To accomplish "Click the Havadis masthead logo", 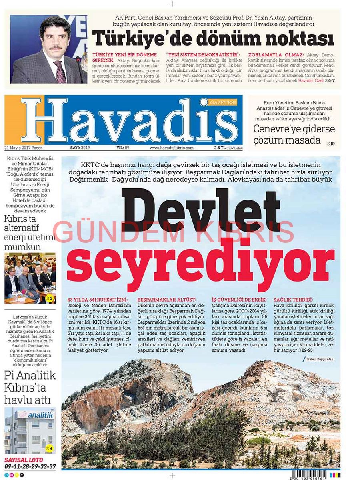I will pos(128,120).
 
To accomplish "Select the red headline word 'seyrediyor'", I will pos(200,264).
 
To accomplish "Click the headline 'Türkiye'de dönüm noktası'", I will pos(213,39).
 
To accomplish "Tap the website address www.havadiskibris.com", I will pos(171,148).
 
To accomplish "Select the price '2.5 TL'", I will pos(220,148).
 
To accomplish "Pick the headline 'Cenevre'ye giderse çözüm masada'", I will pos(294,135).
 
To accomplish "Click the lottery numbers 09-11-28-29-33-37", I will pos(30,466).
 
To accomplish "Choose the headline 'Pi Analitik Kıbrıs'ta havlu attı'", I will pos(30,387).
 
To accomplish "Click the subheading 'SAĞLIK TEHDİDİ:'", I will pos(293,300).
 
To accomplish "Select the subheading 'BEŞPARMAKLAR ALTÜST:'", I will pos(167,300).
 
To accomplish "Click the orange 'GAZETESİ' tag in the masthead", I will pos(223,102).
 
